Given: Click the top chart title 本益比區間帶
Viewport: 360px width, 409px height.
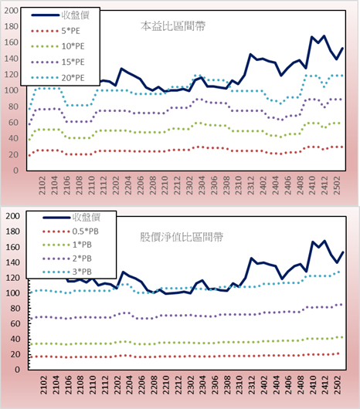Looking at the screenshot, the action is pos(173,26).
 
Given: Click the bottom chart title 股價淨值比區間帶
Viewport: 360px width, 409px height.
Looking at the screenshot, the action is pos(182,237).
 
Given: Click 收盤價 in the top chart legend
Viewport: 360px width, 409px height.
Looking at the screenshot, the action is pos(76,15).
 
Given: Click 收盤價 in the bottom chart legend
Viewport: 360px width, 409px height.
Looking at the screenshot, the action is pos(87,217).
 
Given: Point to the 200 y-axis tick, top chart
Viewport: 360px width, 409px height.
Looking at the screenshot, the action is pos(12,11).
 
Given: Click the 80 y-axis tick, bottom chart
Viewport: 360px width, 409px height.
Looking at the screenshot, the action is pos(15,309).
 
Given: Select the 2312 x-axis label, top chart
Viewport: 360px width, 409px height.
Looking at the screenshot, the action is pos(251,185).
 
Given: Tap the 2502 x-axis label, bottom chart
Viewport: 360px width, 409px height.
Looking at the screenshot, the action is pos(338,385).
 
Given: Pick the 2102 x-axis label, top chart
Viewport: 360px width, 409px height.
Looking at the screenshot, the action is pos(42,185).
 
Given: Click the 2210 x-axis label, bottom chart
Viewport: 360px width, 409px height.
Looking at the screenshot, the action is pos(166,385).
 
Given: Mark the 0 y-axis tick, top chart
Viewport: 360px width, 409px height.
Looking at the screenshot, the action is pos(16,171).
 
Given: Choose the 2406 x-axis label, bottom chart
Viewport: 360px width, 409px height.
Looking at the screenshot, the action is pos(289,385).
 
